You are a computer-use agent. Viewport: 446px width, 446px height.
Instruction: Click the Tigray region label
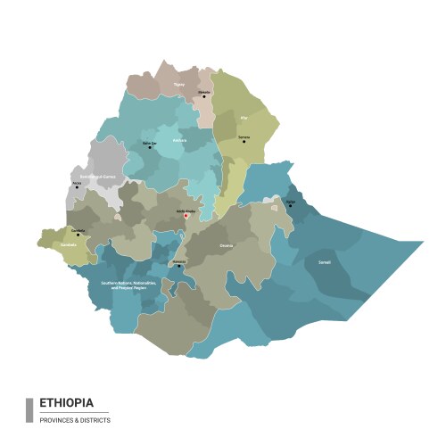[179, 85]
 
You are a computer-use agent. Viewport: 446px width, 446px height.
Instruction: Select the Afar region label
[244, 116]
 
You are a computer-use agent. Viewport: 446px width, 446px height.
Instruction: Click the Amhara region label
[178, 139]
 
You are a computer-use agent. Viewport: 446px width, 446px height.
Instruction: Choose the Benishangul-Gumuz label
[97, 178]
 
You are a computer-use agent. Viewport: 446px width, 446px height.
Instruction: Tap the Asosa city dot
[77, 188]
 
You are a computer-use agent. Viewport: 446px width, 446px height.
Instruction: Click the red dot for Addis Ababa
[186, 215]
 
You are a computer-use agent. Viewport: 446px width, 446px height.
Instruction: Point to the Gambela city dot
[78, 235]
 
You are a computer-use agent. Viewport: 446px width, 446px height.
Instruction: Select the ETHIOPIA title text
[65, 402]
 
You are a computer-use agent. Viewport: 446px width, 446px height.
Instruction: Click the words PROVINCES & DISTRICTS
[75, 420]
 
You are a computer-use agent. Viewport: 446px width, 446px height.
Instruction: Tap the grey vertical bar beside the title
[29, 409]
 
